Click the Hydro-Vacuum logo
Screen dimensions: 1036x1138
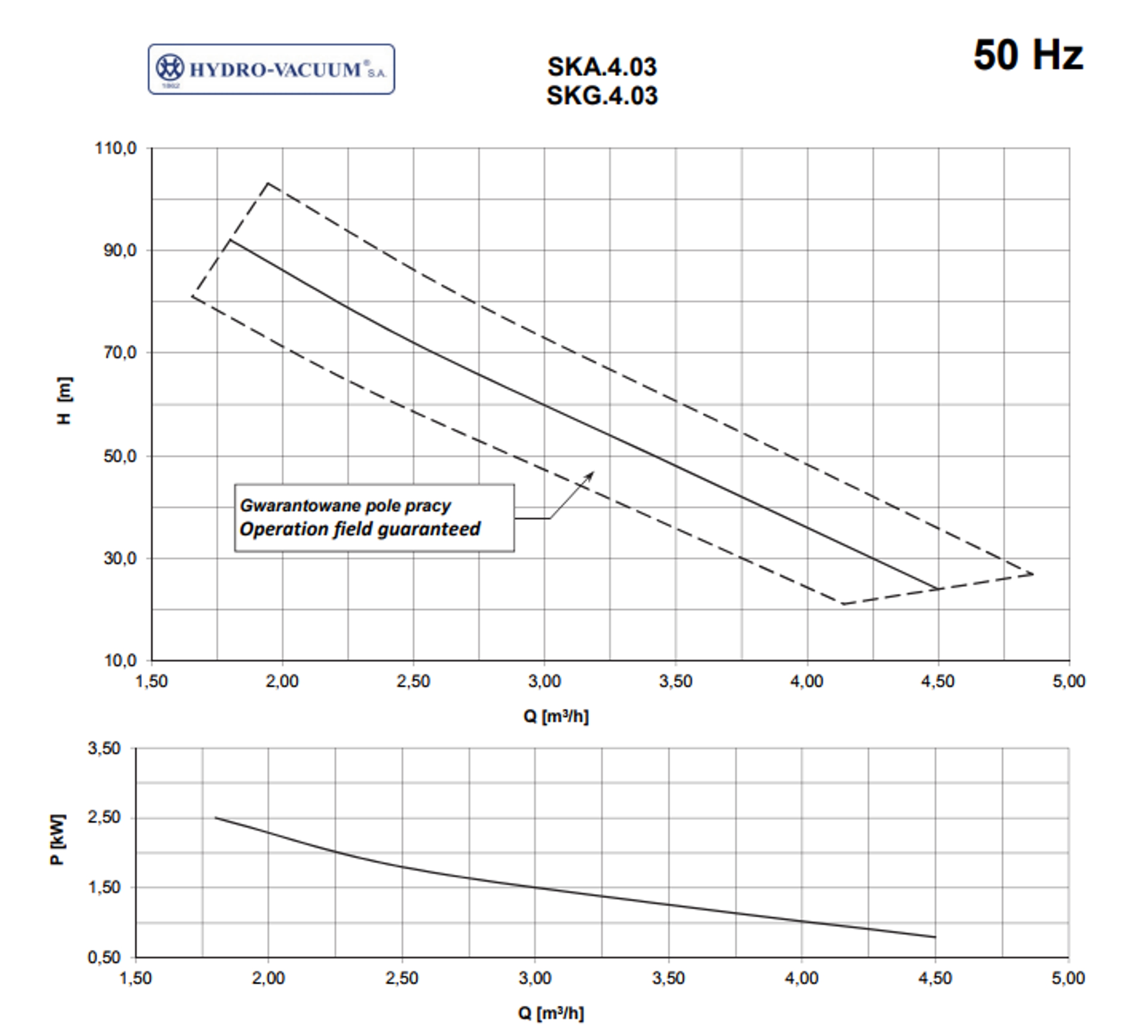[x=271, y=69]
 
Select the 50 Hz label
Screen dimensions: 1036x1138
[x=1028, y=55]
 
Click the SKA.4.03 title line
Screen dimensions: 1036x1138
[x=602, y=67]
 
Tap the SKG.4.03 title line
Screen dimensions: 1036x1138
[x=602, y=96]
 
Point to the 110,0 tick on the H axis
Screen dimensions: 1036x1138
[x=116, y=149]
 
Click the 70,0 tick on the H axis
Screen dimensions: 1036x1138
[x=120, y=353]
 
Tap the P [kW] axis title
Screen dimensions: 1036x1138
[x=58, y=839]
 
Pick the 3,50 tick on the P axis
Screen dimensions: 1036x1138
[x=104, y=749]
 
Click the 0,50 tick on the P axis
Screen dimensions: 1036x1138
[x=104, y=958]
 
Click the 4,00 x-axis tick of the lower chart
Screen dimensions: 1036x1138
[x=801, y=978]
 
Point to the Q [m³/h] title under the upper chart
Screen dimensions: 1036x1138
[x=556, y=716]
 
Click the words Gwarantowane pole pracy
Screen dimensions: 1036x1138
[x=345, y=505]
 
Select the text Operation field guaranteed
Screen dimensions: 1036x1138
[x=360, y=529]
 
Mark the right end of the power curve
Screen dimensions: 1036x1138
[x=935, y=937]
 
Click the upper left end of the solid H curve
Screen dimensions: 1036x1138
[x=230, y=240]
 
